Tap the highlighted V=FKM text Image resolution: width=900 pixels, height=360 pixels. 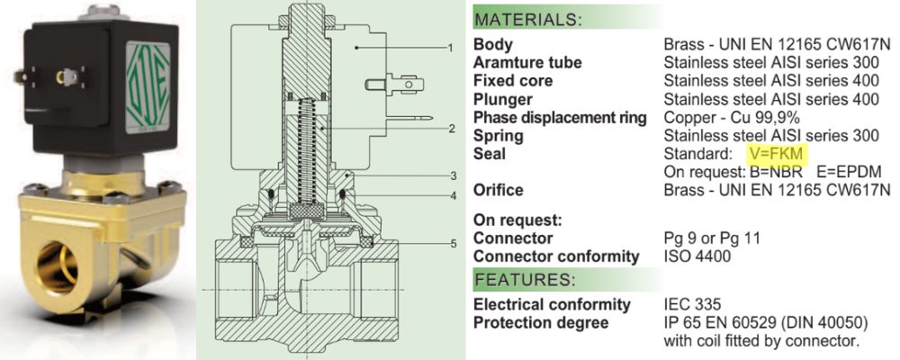775,154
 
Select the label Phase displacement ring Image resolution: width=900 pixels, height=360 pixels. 560,118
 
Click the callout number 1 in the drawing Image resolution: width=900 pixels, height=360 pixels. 450,46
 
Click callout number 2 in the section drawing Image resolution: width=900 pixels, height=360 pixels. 450,129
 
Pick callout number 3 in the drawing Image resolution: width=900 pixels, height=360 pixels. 450,175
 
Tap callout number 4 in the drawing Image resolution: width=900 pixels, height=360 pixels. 450,195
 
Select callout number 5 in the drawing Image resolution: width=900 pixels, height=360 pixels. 450,242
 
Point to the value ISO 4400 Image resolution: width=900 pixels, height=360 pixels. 697,257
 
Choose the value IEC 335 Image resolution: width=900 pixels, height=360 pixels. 693,305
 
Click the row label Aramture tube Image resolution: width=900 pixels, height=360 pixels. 527,62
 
